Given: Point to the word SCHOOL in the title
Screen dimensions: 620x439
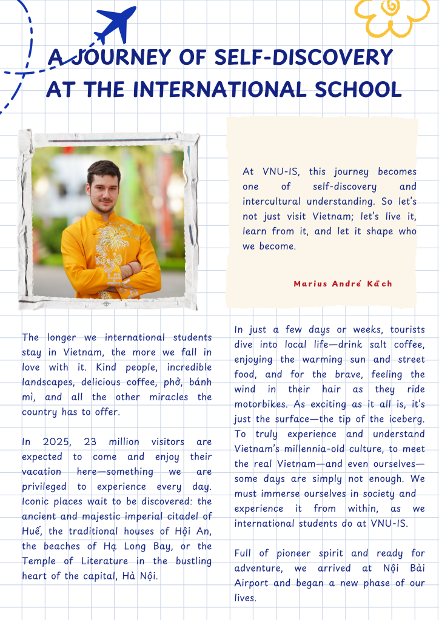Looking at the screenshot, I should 357,90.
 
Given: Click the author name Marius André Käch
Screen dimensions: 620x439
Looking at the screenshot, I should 343,284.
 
